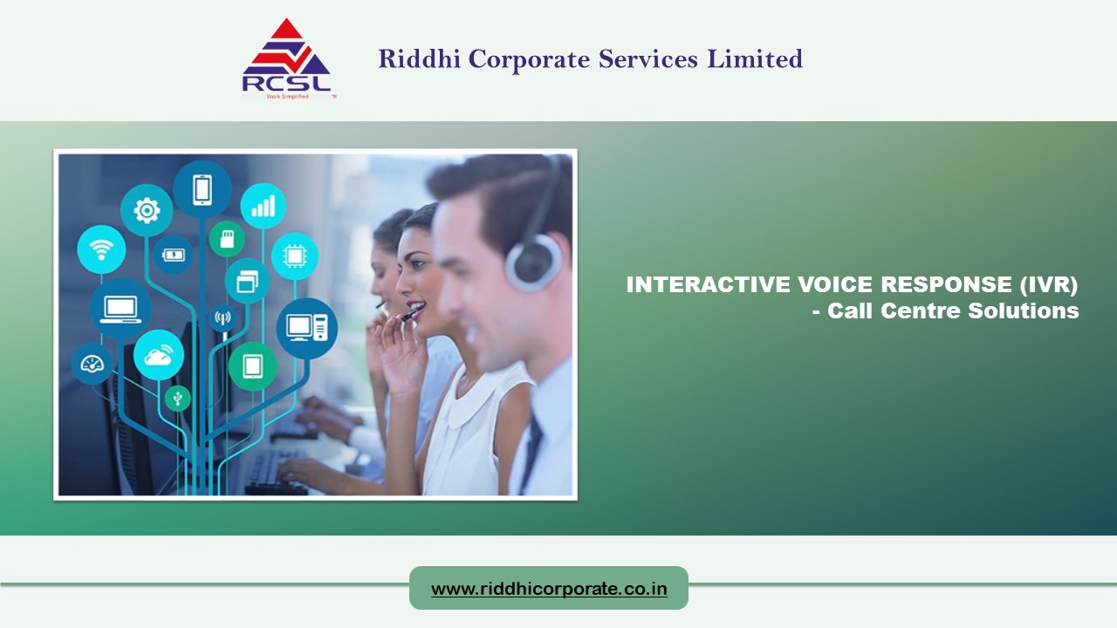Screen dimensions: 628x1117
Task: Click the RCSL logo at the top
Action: pos(286,58)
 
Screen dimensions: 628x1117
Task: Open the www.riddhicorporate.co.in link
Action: pos(549,589)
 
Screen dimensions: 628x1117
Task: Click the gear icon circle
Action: pos(147,209)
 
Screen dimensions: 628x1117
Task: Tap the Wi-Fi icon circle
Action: pos(101,249)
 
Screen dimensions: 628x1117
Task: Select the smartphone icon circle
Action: pos(202,189)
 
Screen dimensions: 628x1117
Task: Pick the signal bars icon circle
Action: pos(263,206)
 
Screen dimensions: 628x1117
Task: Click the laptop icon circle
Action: pos(120,308)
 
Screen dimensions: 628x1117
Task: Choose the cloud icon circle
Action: pos(159,354)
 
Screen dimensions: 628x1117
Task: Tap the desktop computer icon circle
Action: pos(306,328)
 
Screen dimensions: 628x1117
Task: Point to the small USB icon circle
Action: pos(178,399)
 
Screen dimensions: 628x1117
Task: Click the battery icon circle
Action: pos(173,255)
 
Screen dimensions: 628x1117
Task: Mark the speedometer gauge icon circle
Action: pos(92,364)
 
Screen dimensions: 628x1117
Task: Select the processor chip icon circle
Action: pos(294,256)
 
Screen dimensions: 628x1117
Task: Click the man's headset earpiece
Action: pos(533,262)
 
